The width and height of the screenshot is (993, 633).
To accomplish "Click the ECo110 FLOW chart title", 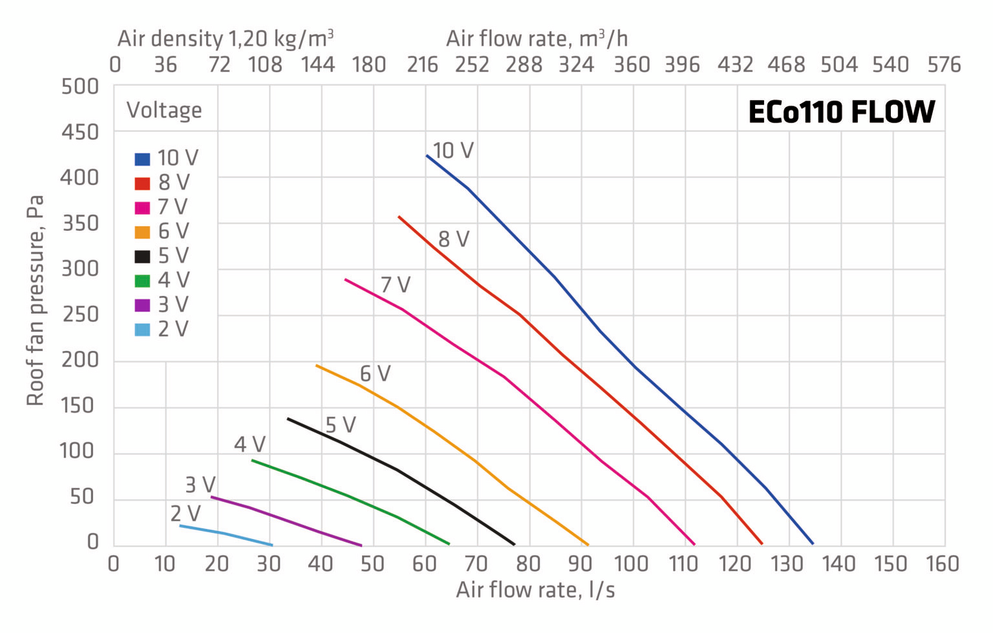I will [x=841, y=112].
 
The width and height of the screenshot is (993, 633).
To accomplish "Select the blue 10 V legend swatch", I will [x=142, y=159].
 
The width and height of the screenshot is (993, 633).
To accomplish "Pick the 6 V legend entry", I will [x=163, y=232].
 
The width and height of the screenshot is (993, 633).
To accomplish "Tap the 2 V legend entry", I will [x=162, y=330].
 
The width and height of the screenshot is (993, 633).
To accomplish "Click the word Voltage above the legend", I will [x=164, y=110].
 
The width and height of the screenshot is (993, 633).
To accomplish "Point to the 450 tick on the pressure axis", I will [x=80, y=132].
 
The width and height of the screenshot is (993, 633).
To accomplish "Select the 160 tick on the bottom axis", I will [x=942, y=564].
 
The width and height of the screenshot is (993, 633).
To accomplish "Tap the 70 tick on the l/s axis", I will [x=477, y=564].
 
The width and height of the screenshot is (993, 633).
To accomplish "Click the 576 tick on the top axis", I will [x=943, y=65].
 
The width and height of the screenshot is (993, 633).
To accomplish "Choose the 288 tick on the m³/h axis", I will [x=524, y=65].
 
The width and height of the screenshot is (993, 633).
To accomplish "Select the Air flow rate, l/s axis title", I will [x=535, y=590].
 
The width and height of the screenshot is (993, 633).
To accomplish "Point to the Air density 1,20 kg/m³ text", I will [x=225, y=39].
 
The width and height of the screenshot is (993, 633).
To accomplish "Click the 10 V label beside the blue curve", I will [x=453, y=150].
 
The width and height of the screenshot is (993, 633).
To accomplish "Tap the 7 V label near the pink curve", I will [x=396, y=285].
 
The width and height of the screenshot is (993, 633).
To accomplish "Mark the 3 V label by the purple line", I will [x=200, y=485].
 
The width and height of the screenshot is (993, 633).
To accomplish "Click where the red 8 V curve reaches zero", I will [x=762, y=544].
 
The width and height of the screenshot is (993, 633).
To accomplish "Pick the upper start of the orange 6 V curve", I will [x=317, y=365].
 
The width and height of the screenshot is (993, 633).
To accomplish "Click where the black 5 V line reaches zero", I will [x=514, y=544].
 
